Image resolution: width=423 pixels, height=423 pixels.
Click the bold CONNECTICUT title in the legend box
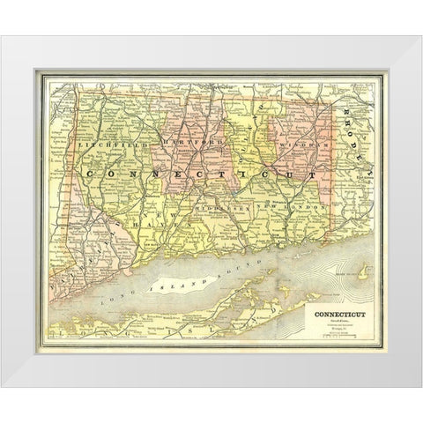point(336,311)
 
